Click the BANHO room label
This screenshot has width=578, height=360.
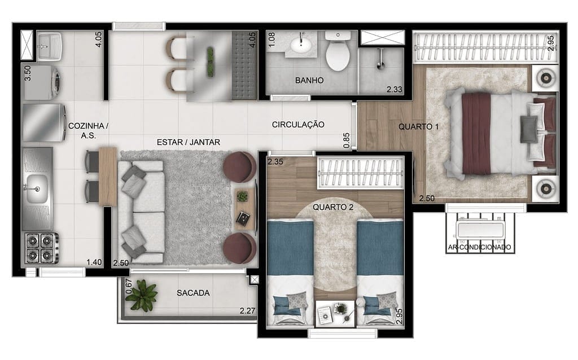click(309, 80)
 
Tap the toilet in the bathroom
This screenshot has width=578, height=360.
click(338, 51)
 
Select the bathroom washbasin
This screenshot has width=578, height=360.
click(301, 45)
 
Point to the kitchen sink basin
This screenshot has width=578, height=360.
click(36, 188)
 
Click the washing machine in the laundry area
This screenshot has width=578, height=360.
click(42, 82)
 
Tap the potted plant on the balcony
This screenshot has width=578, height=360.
click(141, 295)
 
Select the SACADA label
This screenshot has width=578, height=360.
click(193, 293)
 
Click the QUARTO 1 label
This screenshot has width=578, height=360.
click(418, 127)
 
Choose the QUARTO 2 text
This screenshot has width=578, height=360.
click(333, 207)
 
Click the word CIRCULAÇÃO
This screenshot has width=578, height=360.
click(298, 125)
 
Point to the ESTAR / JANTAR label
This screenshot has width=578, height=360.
click(189, 142)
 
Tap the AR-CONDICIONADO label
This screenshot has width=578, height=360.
click(479, 247)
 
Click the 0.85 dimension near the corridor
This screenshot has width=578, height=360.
click(347, 141)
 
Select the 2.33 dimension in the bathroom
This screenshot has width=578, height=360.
click(394, 89)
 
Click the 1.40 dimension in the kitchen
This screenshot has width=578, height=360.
click(94, 262)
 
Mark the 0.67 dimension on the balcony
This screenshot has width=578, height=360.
click(129, 286)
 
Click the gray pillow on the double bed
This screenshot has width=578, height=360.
click(529, 129)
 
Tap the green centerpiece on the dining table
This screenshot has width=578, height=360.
click(210, 62)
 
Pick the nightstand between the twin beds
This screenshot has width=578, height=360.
click(335, 313)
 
